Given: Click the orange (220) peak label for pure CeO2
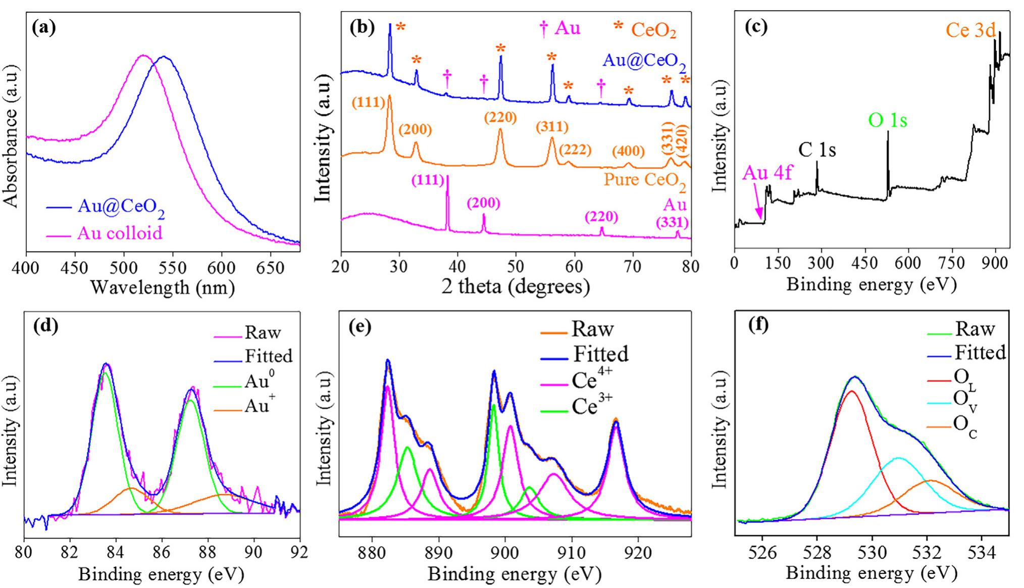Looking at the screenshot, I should click(x=500, y=118).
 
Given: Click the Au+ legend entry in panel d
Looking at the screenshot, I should click(x=257, y=405).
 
